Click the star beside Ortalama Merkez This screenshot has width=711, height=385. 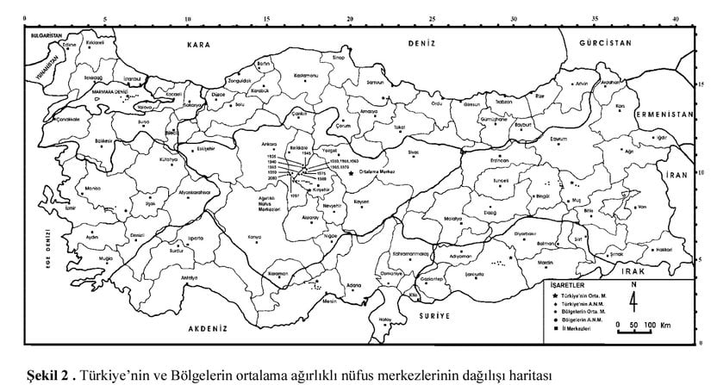coord(351,172)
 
